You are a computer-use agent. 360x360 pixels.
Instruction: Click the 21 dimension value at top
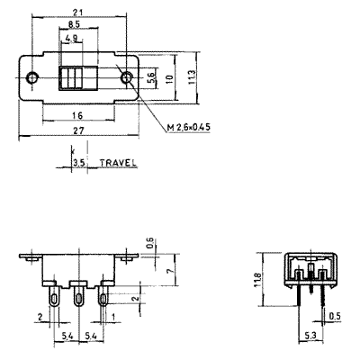pyautogui.click(x=77, y=12)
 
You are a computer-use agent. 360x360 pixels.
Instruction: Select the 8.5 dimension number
pyautogui.click(x=74, y=24)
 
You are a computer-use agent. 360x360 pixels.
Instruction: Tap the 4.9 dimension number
pyautogui.click(x=71, y=38)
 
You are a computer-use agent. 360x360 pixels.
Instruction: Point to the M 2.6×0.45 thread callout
pyautogui.click(x=189, y=128)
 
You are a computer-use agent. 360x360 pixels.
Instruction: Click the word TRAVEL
pyautogui.click(x=118, y=163)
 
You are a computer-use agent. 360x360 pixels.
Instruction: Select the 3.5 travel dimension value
pyautogui.click(x=80, y=163)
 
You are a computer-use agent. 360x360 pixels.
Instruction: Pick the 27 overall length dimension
pyautogui.click(x=78, y=130)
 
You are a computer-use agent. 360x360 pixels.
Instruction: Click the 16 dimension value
pyautogui.click(x=77, y=115)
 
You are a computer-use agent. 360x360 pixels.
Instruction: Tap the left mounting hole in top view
pyautogui.click(x=31, y=77)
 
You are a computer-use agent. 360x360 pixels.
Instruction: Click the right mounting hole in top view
pyautogui.click(x=127, y=77)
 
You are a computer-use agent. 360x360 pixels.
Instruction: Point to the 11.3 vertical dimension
pyautogui.click(x=192, y=76)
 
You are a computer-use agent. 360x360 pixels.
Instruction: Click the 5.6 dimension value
pyautogui.click(x=151, y=77)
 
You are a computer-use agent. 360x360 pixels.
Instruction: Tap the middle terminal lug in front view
pyautogui.click(x=78, y=295)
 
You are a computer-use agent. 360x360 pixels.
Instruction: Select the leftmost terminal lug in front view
pyautogui.click(x=54, y=295)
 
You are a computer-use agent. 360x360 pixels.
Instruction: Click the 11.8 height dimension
pyautogui.click(x=257, y=280)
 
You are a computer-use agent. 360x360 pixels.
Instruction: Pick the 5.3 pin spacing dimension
pyautogui.click(x=310, y=336)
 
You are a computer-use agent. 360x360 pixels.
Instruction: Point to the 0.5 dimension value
pyautogui.click(x=335, y=317)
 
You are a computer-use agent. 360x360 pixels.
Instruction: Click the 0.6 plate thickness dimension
pyautogui.click(x=150, y=243)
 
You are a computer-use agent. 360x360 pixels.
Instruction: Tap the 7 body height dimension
pyautogui.click(x=170, y=270)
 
